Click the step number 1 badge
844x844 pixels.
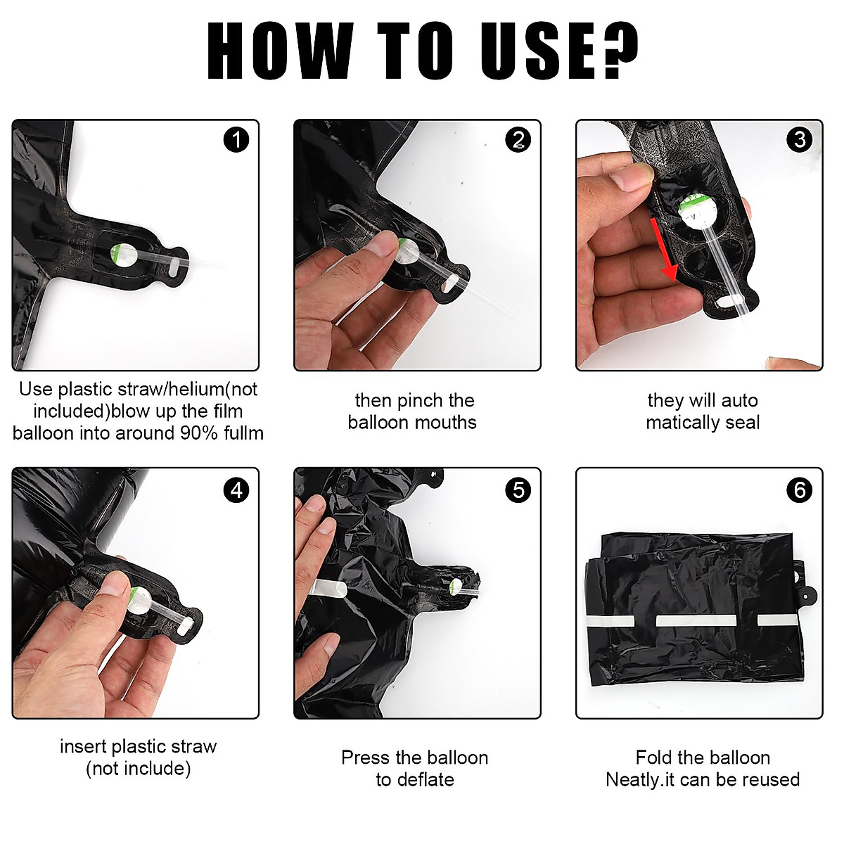point(236,140)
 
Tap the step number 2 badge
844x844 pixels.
point(518,140)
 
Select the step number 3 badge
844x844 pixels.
point(800,140)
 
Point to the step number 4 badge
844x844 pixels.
point(236,490)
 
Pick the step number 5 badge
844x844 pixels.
point(518,490)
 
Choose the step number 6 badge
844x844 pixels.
point(800,490)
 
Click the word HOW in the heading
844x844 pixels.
point(280,51)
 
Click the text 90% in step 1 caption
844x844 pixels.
point(199,433)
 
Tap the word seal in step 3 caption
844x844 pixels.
point(742,423)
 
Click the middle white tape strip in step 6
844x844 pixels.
point(696,620)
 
